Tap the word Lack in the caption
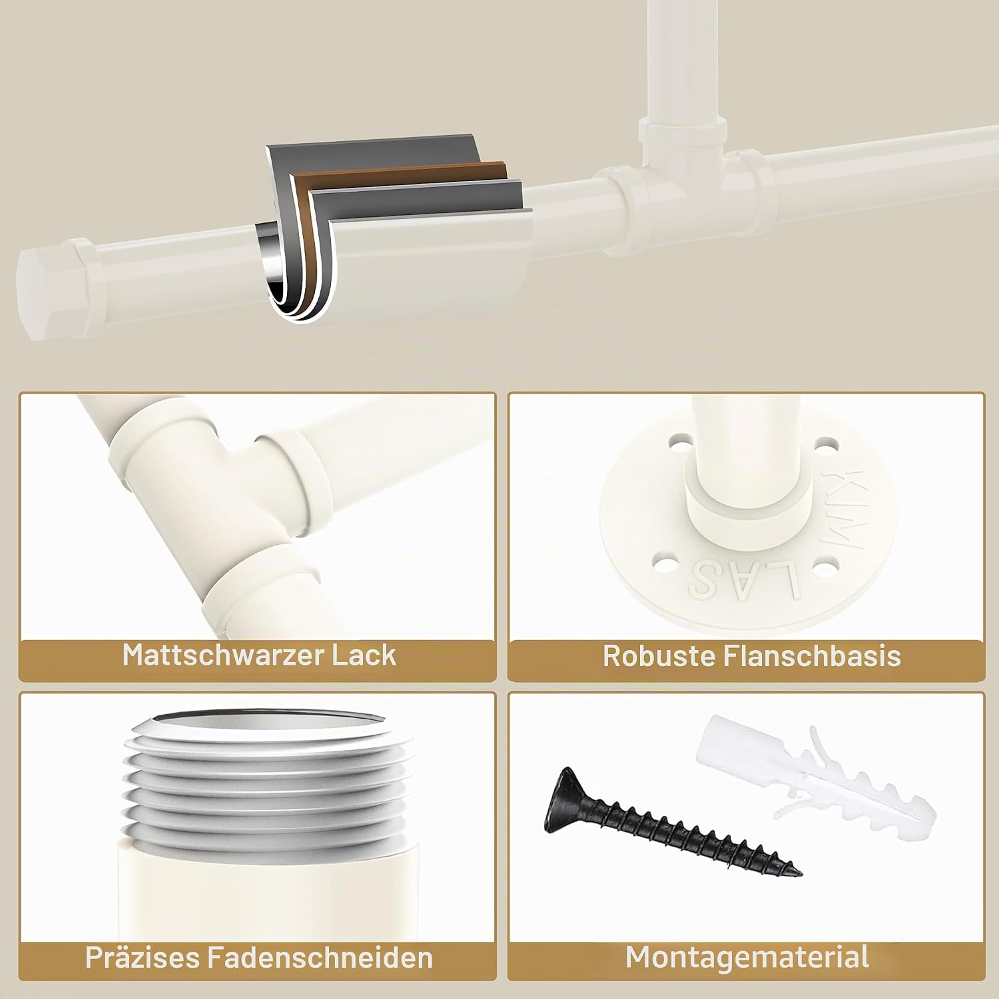click(x=364, y=655)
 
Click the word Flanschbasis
click(x=812, y=656)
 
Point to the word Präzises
click(x=142, y=958)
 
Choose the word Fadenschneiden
click(x=320, y=958)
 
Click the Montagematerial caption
click(x=747, y=957)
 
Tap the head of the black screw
click(x=563, y=798)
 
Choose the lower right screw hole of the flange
click(x=825, y=568)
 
